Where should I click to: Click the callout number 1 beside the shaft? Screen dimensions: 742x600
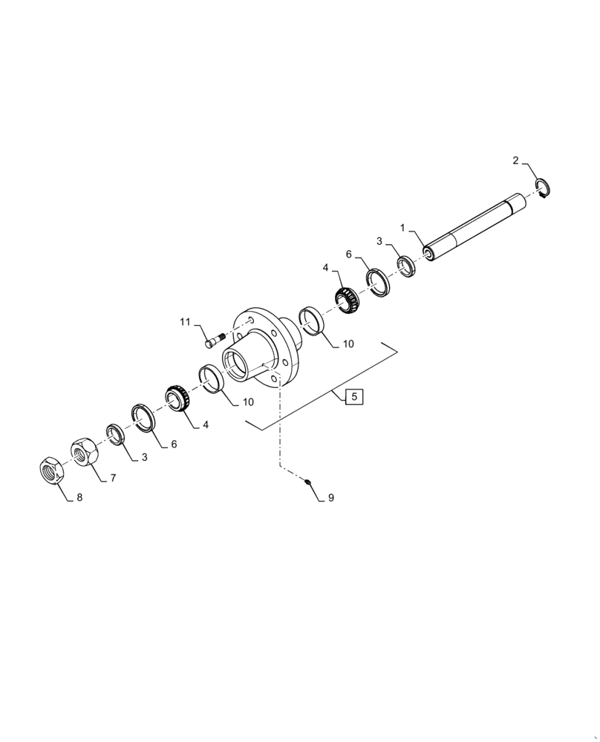[x=402, y=227]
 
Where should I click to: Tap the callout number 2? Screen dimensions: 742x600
[x=515, y=160]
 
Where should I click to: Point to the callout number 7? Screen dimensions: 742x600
[x=113, y=479]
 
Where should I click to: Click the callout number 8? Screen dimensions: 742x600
[x=79, y=498]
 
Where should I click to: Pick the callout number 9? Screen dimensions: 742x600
[x=330, y=498]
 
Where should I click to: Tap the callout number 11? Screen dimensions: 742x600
[x=185, y=322]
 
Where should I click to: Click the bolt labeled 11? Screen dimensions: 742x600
[x=212, y=341]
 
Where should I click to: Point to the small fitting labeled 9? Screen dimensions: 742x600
[x=308, y=483]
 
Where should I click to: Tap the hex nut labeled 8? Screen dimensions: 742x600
[x=50, y=470]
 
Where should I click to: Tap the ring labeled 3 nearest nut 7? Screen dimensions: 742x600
[x=115, y=435]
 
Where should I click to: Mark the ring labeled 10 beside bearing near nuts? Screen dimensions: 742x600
[x=212, y=379]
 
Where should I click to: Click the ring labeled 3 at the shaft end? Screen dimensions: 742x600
[x=405, y=266]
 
